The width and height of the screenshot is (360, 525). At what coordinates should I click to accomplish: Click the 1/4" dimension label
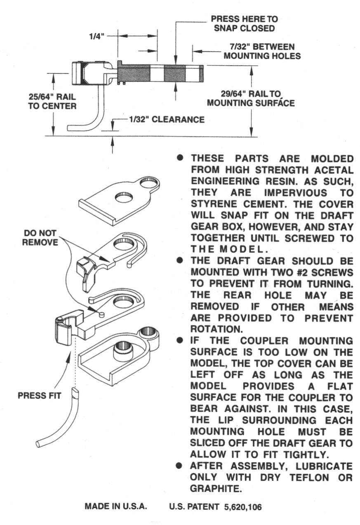pos(98,37)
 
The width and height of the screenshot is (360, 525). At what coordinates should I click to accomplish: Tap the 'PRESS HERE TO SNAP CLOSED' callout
pos(244,24)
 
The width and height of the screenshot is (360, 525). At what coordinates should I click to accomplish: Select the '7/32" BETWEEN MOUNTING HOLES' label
pos(262,51)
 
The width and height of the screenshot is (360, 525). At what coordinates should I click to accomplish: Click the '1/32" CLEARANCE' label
pos(167,120)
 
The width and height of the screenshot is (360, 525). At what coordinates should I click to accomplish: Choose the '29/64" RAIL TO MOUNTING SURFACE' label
pos(251,98)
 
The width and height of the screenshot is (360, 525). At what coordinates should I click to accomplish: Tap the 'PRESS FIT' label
pos(40,395)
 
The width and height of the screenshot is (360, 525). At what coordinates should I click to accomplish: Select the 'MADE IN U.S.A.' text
pos(115,506)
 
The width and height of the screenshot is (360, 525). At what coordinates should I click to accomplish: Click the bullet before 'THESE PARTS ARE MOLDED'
pos(180,159)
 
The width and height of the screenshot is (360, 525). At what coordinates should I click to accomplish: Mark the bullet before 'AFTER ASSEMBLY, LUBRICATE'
pos(180,466)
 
